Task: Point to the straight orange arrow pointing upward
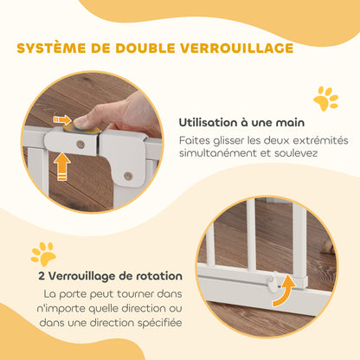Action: click(x=63, y=166)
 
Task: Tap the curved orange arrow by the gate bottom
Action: click(x=278, y=293)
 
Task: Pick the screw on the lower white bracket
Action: click(x=127, y=176)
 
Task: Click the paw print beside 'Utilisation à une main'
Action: click(x=325, y=99)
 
